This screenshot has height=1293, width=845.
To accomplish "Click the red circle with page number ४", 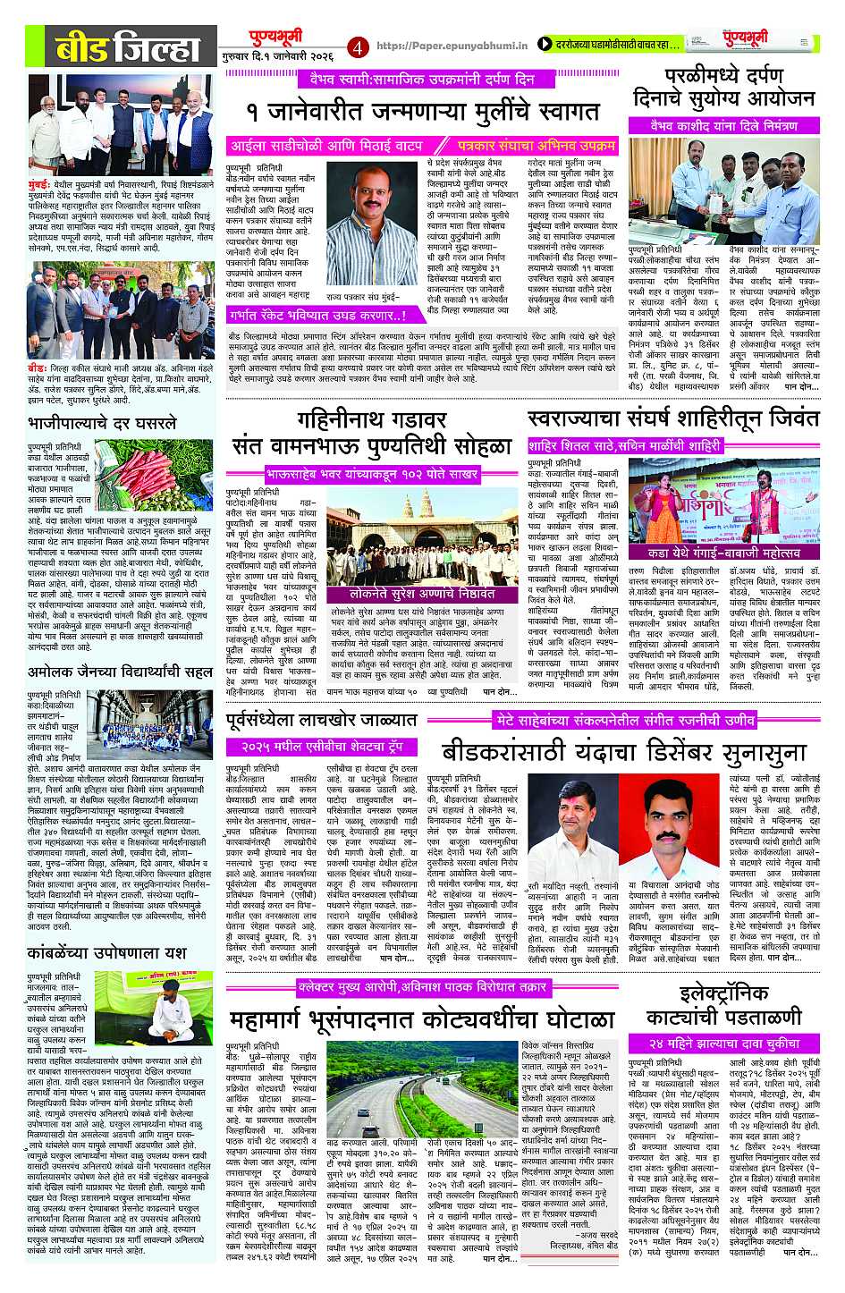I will click(359, 45).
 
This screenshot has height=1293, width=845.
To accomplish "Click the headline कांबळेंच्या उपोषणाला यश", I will click(106, 951).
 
